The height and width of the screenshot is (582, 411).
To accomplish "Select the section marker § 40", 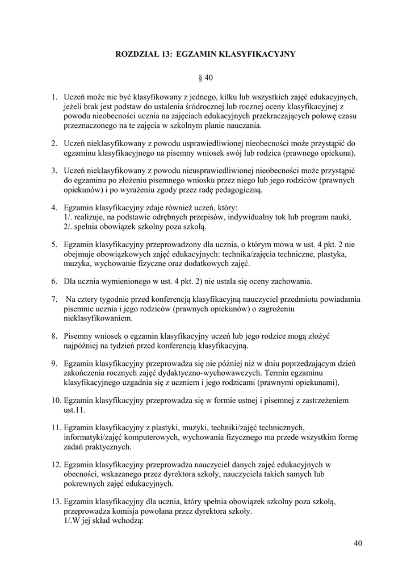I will (x=205, y=77).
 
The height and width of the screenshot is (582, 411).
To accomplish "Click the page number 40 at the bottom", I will (x=358, y=543).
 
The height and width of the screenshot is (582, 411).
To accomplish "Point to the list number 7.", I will (x=54, y=299).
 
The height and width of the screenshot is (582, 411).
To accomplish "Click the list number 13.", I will (x=56, y=501).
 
